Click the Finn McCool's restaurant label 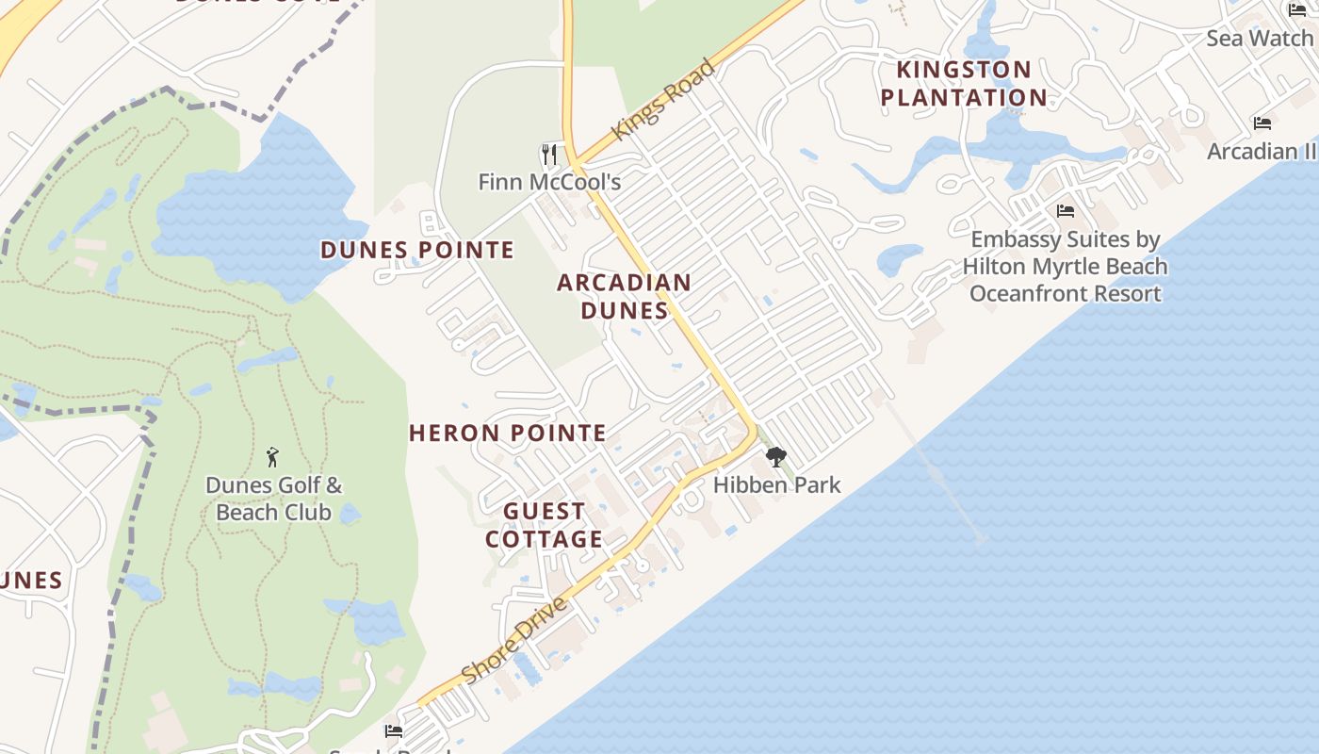(549, 181)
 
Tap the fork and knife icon (549, 154)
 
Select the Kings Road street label (663, 100)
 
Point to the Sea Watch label (1260, 38)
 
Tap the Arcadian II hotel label (1262, 151)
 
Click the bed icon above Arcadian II (1262, 123)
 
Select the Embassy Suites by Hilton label (1065, 267)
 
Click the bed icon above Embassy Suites (1066, 211)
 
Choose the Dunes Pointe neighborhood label (417, 250)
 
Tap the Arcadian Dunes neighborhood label (624, 296)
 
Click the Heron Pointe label (508, 433)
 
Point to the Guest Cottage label (544, 525)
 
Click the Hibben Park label (776, 484)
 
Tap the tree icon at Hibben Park (776, 457)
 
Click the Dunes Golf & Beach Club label (273, 499)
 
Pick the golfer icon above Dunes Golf (273, 457)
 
